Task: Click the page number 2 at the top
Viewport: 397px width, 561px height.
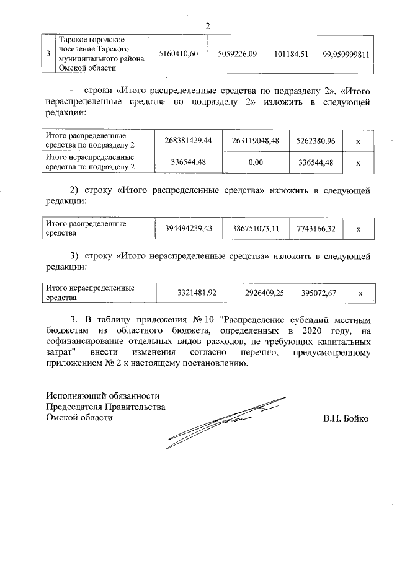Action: (208, 25)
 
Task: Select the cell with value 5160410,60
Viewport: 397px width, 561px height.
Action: (179, 55)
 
